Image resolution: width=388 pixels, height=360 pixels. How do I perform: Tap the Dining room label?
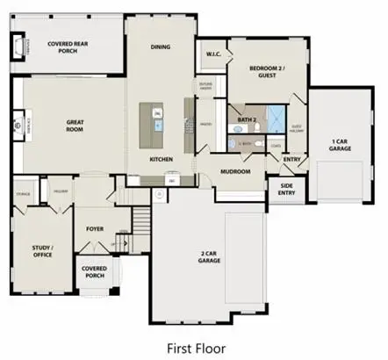161,47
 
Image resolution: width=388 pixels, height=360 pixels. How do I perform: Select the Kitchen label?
161,160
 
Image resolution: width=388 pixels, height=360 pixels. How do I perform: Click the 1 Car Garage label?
341,144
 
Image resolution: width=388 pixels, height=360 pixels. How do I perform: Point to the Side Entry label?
286,190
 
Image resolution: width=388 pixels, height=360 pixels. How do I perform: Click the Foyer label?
95,229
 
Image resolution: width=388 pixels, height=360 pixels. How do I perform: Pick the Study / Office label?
42,251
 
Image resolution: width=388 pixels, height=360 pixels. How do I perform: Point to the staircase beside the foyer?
139,220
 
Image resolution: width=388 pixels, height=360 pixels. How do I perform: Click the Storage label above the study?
24,194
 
